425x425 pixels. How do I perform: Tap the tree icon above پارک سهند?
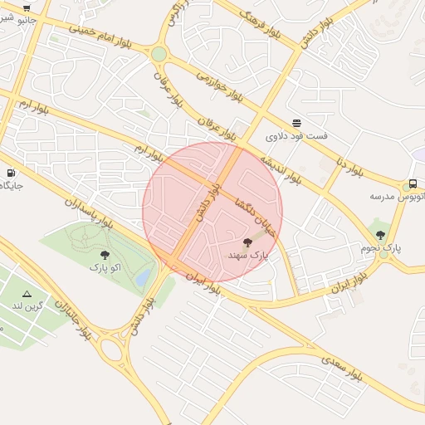point(247,242)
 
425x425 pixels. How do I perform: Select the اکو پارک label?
point(105,268)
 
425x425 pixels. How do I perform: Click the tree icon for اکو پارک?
point(105,255)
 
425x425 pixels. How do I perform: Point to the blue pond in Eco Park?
point(144,276)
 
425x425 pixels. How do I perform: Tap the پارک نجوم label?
point(381,247)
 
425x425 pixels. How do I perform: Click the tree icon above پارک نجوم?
point(380,235)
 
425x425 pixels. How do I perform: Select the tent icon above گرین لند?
point(27,294)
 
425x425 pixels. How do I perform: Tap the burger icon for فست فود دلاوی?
point(296,123)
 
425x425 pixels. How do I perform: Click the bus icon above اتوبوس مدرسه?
point(412,184)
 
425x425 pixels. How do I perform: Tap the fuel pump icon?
point(11,173)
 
